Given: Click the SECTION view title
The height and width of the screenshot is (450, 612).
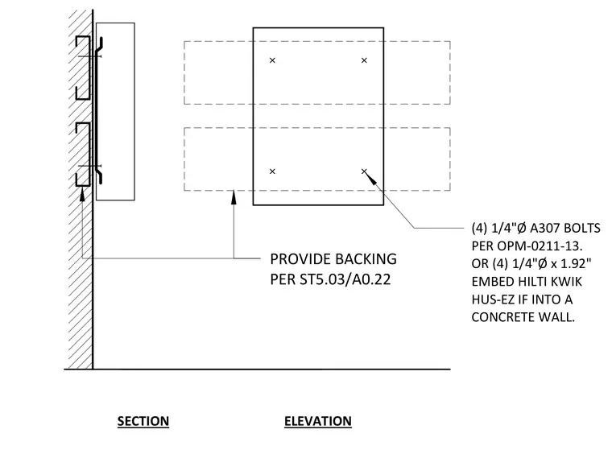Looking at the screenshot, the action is coord(143,421).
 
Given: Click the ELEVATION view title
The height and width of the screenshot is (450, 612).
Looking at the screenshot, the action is coord(318,421).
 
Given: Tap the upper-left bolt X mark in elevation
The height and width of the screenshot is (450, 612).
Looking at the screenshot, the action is coord(272,60).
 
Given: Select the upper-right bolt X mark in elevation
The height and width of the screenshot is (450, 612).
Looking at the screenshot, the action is coord(364,60).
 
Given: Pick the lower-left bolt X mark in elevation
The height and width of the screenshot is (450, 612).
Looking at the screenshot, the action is coord(272,171).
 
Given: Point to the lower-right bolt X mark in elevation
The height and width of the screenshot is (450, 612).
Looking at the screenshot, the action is coord(364,171).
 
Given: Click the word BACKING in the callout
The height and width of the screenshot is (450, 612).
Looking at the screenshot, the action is coord(366,259).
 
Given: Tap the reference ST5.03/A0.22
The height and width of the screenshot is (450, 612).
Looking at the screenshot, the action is coord(345,279).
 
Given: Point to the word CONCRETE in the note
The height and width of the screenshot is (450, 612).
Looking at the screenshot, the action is coord(502,317).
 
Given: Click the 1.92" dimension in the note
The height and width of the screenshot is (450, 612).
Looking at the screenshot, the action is coord(576,264).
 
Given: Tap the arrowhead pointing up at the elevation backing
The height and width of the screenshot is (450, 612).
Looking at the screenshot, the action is coord(234,197).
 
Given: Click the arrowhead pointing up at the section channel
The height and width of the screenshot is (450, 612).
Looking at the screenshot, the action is coord(82,194).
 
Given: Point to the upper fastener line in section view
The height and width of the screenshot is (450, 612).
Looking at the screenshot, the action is coord(89,56).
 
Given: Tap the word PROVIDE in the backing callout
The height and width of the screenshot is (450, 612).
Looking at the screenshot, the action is coord(300,259).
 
